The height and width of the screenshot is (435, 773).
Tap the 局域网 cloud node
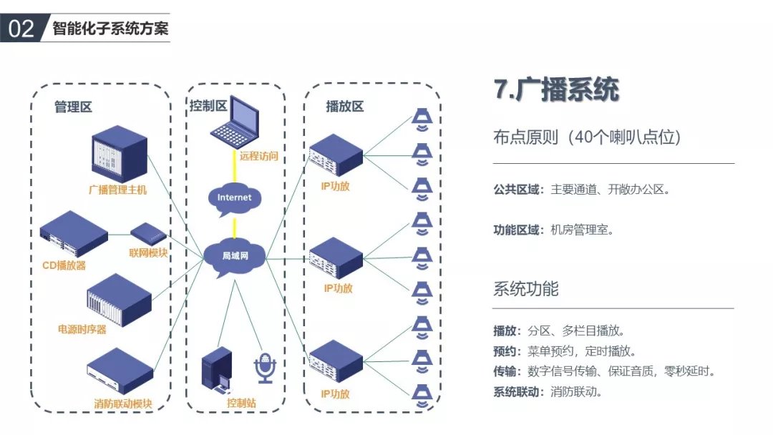234,255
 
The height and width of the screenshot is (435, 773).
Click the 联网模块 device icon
149,233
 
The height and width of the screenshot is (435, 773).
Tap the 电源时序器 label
82,330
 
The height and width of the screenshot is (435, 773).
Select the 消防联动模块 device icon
120,371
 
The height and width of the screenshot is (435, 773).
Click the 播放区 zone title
344,107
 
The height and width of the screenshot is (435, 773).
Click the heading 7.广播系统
555,90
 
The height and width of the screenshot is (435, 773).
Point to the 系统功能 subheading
525,290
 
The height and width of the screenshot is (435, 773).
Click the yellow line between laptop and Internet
234,167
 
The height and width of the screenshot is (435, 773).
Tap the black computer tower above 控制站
215,370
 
